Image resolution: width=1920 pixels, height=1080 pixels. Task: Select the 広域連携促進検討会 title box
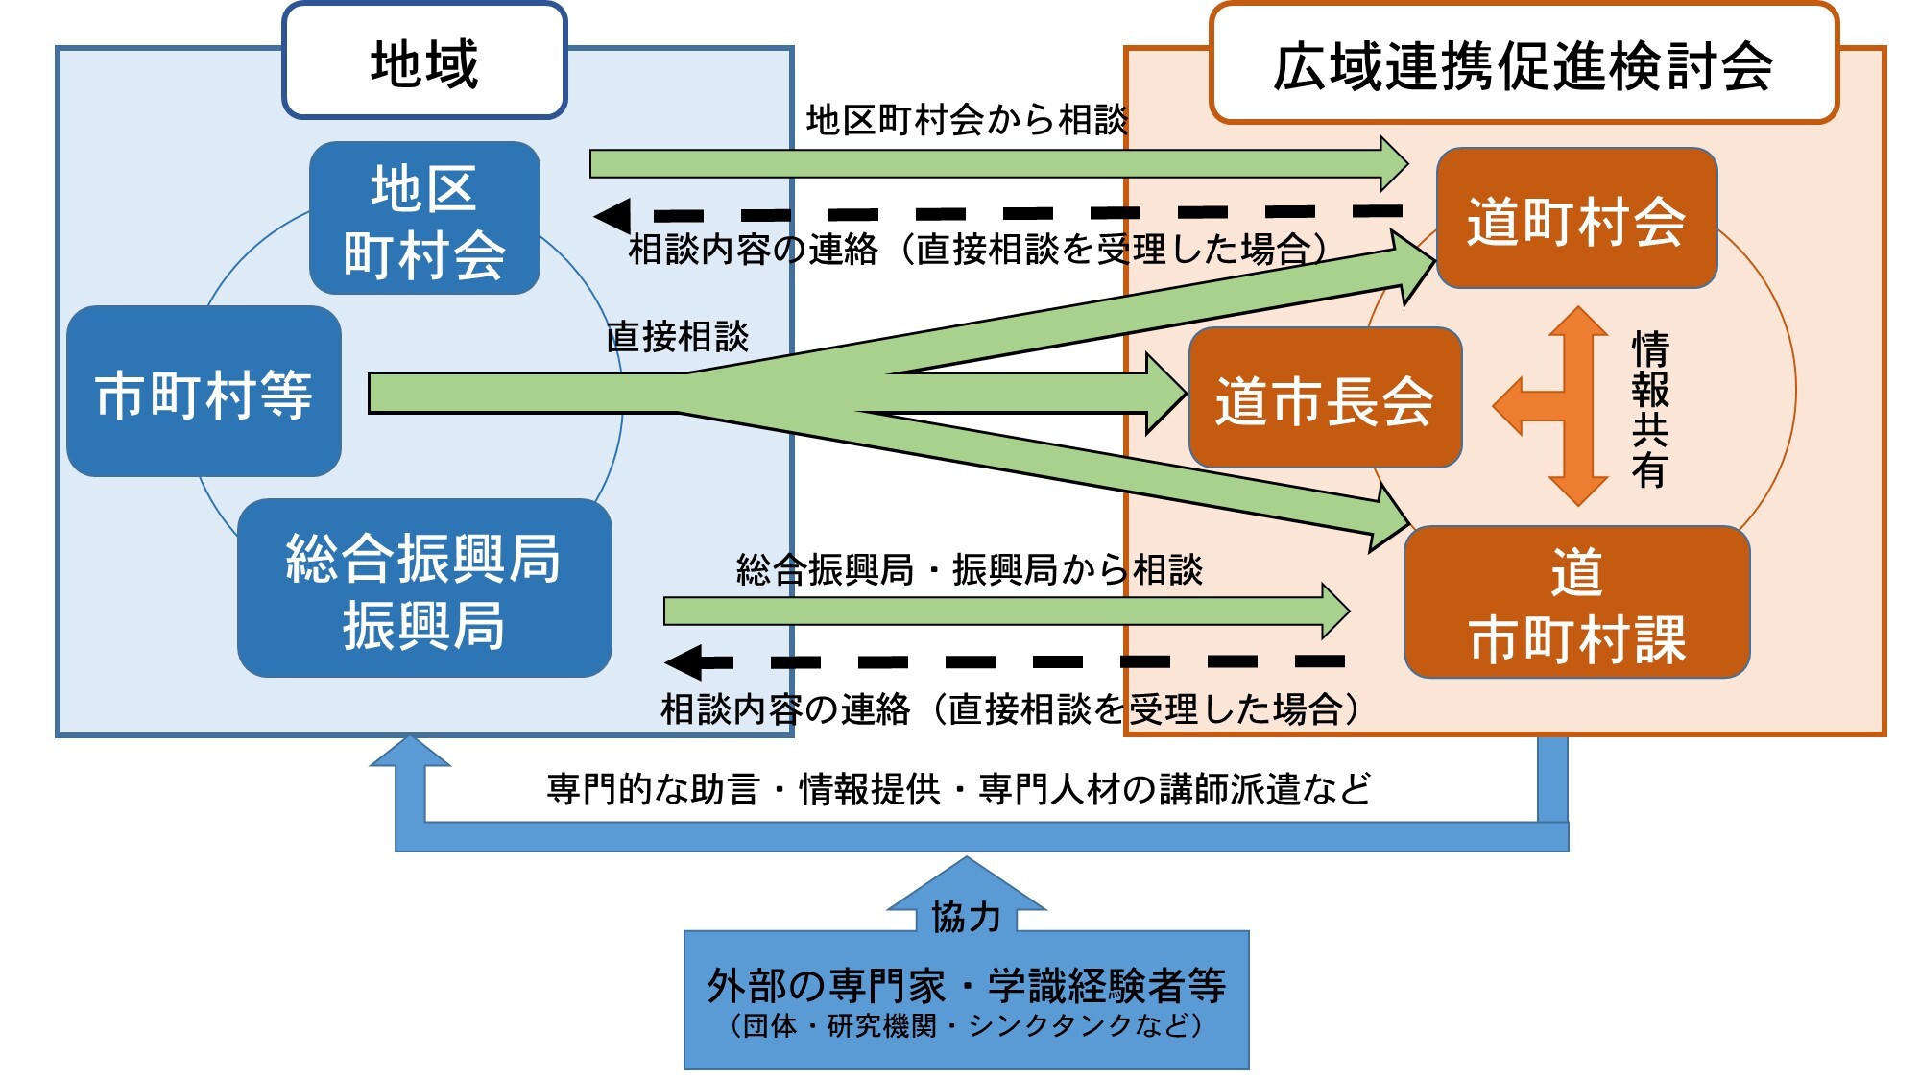click(x=1523, y=65)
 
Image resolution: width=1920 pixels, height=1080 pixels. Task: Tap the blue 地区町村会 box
click(x=424, y=219)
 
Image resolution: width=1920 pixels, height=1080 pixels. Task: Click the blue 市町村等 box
click(x=204, y=393)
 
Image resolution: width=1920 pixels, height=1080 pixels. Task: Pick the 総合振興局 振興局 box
click(x=424, y=588)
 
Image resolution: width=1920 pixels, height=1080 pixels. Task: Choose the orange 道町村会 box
click(x=1575, y=219)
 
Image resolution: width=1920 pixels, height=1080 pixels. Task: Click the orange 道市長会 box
click(x=1325, y=398)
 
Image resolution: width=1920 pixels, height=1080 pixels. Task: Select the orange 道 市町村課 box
click(x=1576, y=603)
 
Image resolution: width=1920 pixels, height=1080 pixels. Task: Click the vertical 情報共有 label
click(x=1649, y=408)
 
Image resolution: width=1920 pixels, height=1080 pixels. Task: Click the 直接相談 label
click(x=677, y=336)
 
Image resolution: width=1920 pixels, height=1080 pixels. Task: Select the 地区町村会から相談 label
click(x=966, y=120)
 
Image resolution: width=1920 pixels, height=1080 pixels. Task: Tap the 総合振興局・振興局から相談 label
click(x=969, y=569)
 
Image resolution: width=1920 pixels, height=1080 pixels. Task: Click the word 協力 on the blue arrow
click(x=966, y=917)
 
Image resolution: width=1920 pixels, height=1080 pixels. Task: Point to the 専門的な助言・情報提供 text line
click(x=958, y=789)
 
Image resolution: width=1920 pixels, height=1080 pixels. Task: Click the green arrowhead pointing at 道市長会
click(x=1166, y=394)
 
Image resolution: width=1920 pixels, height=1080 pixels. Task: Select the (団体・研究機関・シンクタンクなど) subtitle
click(x=966, y=1026)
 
